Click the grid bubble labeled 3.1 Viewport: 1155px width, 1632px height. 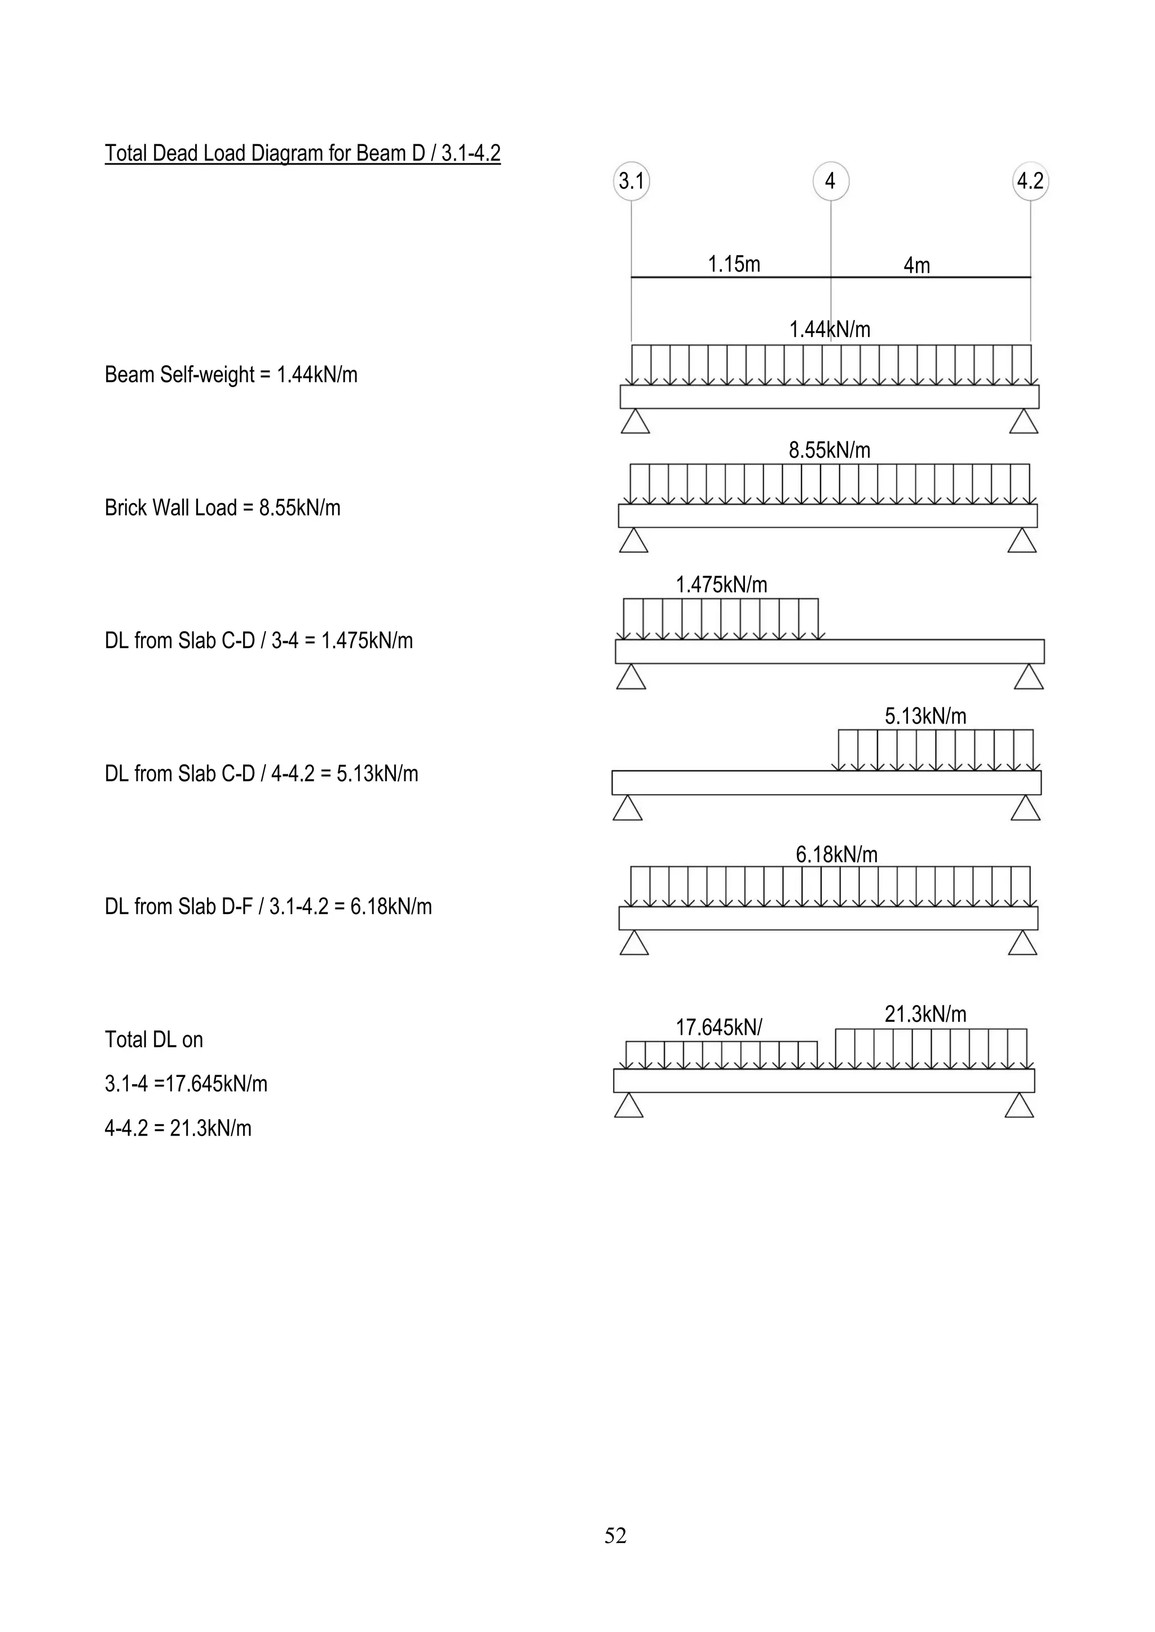631,181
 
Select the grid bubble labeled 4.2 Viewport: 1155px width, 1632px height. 1030,181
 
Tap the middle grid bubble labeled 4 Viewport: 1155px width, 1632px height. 830,181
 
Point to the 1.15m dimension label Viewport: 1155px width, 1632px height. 733,264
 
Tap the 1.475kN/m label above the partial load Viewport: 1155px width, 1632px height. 721,585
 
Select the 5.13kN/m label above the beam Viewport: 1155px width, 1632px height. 925,716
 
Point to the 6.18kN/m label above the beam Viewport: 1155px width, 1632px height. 836,854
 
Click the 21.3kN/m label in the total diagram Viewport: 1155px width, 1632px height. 925,1014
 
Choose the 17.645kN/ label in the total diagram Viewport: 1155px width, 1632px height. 718,1027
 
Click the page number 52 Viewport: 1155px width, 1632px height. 615,1536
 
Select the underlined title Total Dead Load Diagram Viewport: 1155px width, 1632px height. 302,153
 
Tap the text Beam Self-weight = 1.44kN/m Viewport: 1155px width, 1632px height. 231,375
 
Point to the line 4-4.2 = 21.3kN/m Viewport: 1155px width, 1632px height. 178,1128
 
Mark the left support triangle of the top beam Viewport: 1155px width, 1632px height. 635,422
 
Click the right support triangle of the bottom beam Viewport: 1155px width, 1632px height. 1019,1106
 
